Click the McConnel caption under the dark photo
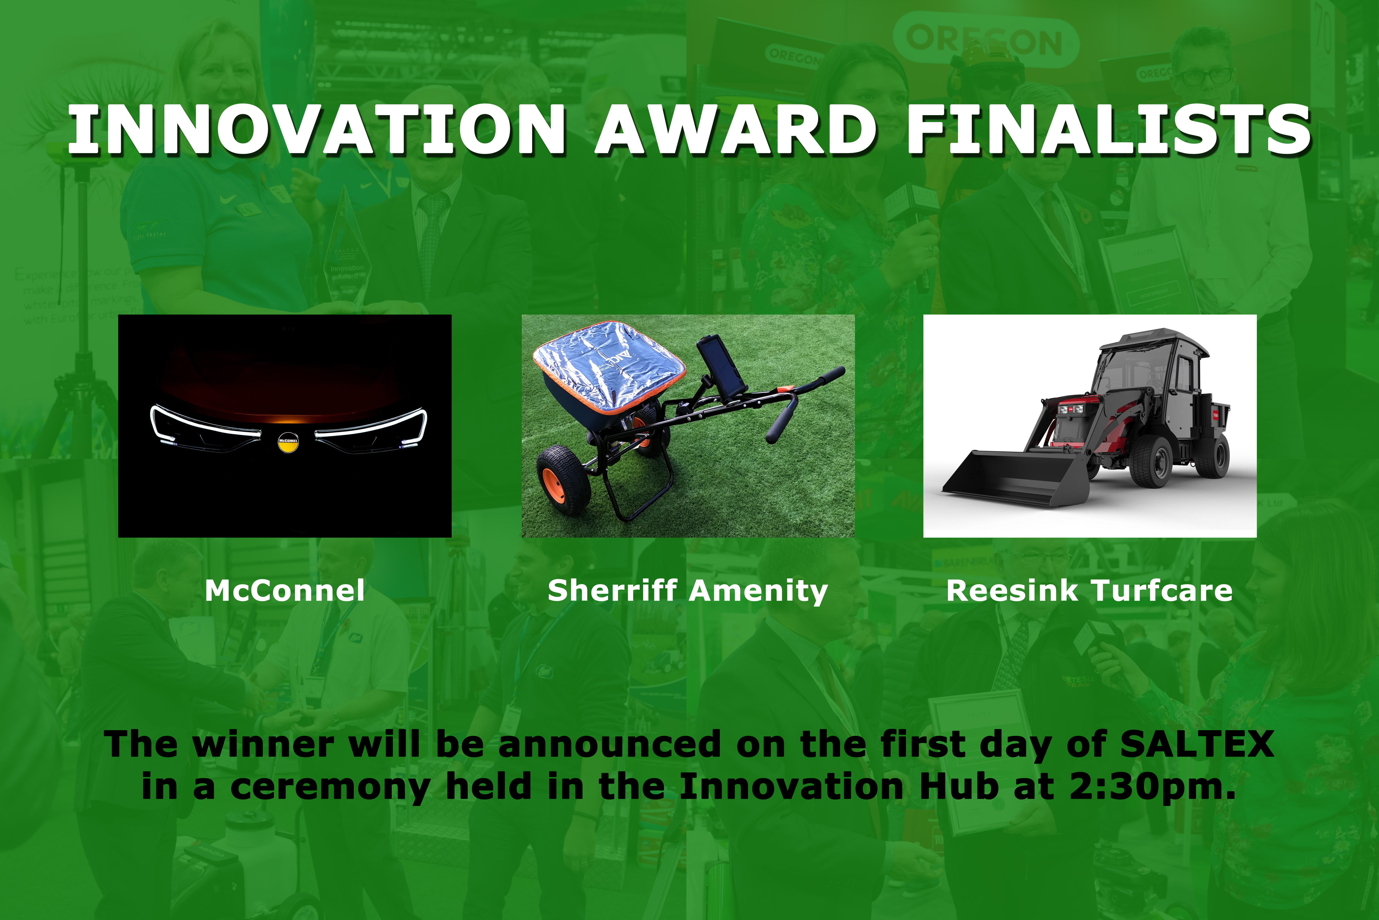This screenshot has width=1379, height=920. click(x=285, y=590)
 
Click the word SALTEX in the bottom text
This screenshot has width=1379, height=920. click(x=1197, y=744)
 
